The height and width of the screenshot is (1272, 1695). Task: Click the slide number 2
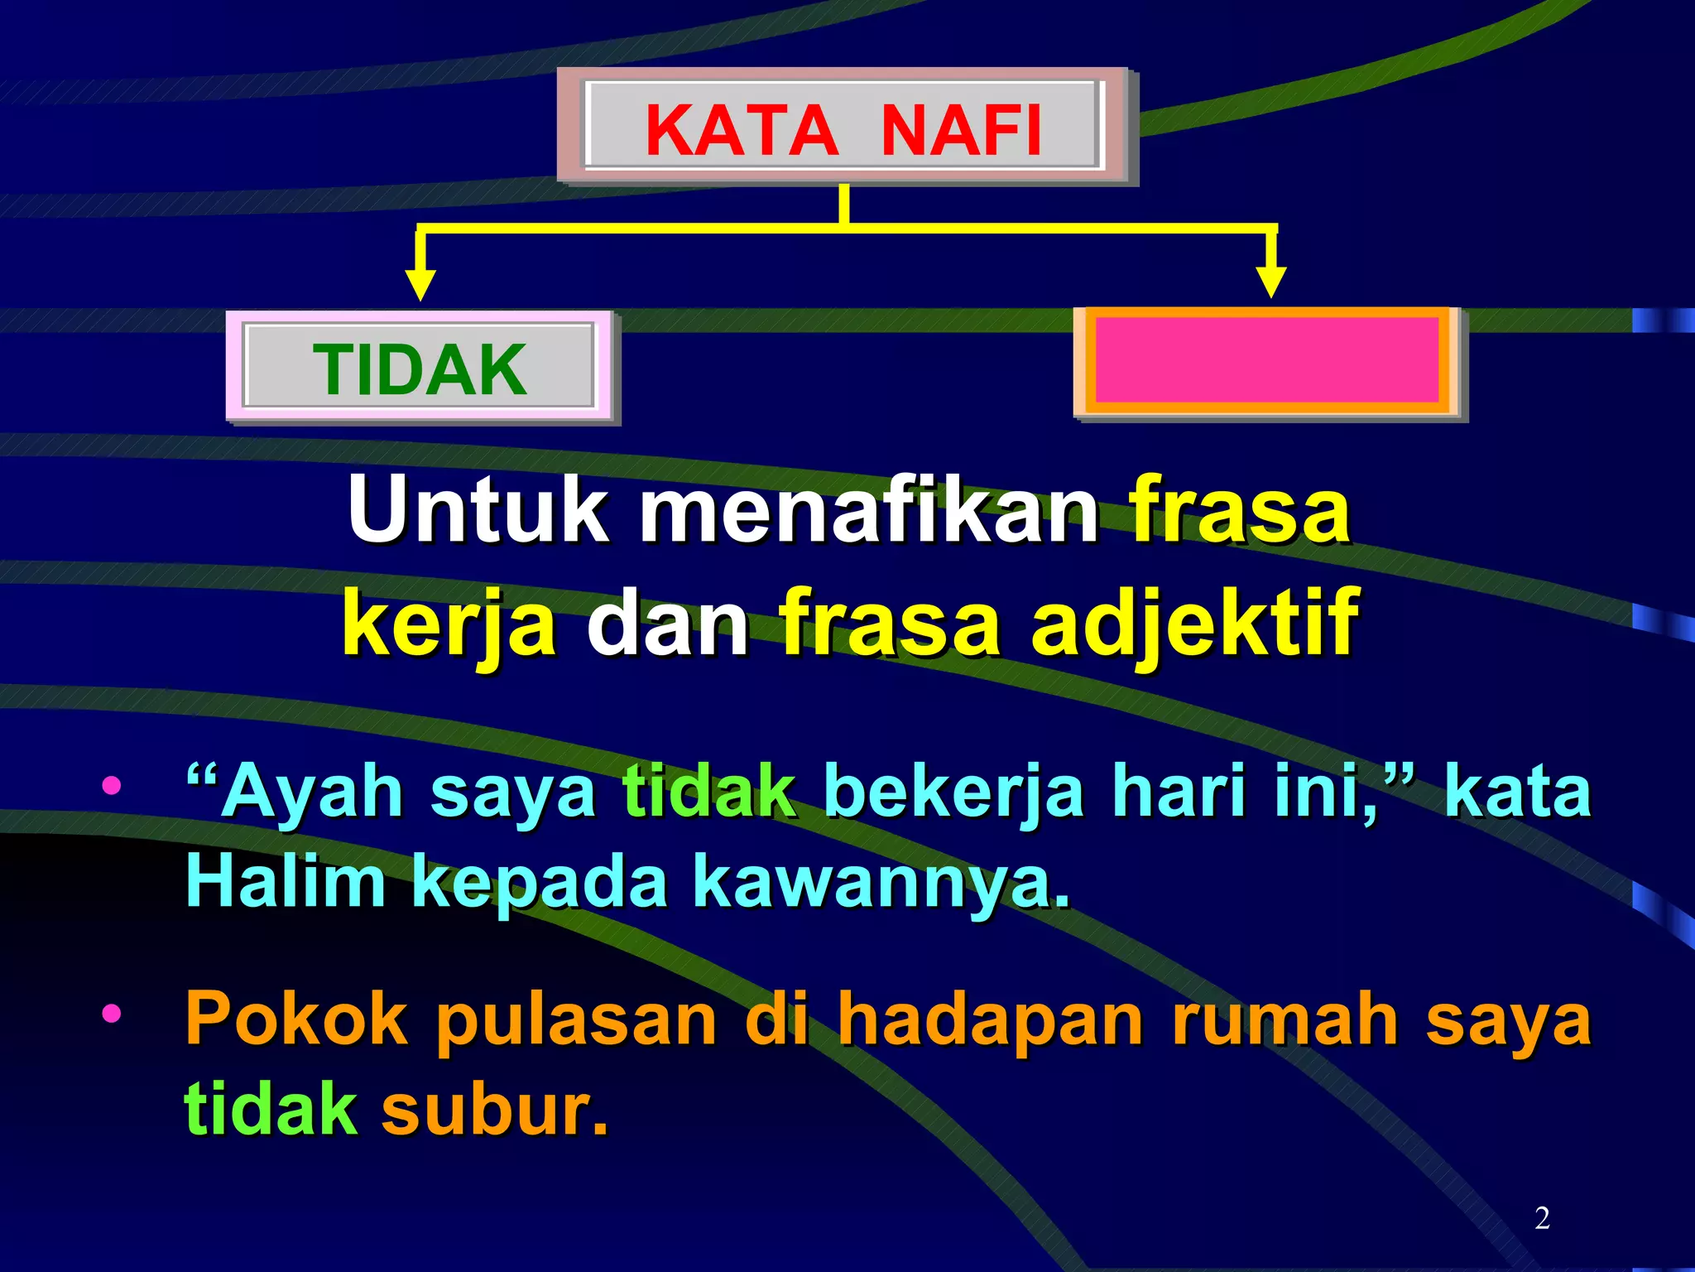pyautogui.click(x=1542, y=1217)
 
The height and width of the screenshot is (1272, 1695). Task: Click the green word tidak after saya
pyautogui.click(x=709, y=791)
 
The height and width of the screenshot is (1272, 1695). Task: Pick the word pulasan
pyautogui.click(x=576, y=1021)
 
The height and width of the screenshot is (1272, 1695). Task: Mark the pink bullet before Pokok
pyautogui.click(x=112, y=1013)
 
